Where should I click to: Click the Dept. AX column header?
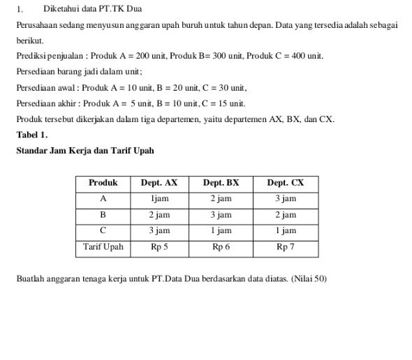[159, 183]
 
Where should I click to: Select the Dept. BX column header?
[221, 183]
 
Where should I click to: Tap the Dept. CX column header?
[286, 183]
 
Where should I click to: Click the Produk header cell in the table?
[103, 183]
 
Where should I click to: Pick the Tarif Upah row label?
[103, 247]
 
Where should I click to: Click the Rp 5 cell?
[159, 247]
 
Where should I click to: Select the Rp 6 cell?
[221, 247]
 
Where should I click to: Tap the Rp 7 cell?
[286, 247]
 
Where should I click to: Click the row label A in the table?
[103, 199]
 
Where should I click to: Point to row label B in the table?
[103, 215]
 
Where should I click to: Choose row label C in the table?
[103, 230]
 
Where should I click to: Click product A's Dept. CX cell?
[286, 199]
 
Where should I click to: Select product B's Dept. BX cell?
[221, 215]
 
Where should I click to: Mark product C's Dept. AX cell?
[159, 230]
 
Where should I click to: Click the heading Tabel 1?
[32, 135]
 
